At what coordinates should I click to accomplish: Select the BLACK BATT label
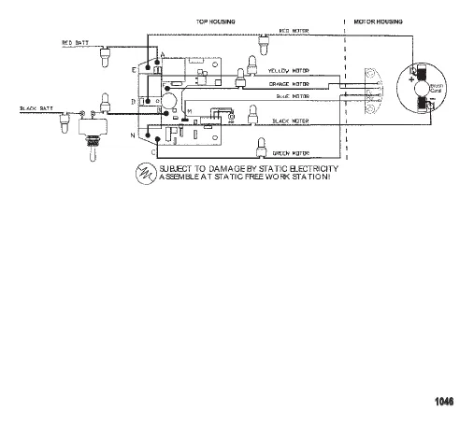click(35, 108)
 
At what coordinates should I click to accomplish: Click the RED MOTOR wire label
click(294, 31)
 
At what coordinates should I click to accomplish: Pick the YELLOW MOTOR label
click(289, 71)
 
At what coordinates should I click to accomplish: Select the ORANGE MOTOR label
click(289, 83)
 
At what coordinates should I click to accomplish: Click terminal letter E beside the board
click(134, 70)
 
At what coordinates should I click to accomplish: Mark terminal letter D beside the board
click(134, 100)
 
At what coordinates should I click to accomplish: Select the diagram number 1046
click(444, 402)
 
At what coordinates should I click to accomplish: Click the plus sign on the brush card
click(410, 80)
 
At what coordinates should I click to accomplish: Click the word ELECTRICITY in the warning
click(309, 167)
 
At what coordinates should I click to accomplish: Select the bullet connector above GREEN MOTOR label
click(253, 141)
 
